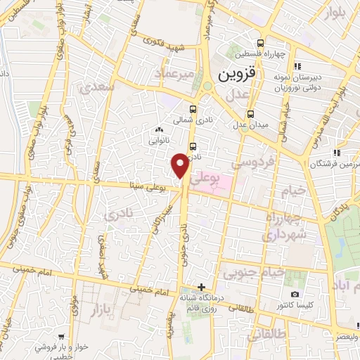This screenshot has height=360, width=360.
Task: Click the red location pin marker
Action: tap(180, 165)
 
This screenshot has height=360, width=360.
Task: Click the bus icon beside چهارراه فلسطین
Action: tap(262, 42)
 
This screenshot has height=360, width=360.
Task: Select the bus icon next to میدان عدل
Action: tap(251, 114)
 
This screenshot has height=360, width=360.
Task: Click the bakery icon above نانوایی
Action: tap(159, 129)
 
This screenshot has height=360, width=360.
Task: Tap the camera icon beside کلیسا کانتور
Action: tap(295, 294)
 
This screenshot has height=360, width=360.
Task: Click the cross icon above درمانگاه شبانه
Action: tap(202, 287)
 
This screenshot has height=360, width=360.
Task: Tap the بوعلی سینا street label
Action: tap(150, 186)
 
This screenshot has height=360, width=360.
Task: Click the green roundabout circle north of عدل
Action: tap(207, 86)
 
